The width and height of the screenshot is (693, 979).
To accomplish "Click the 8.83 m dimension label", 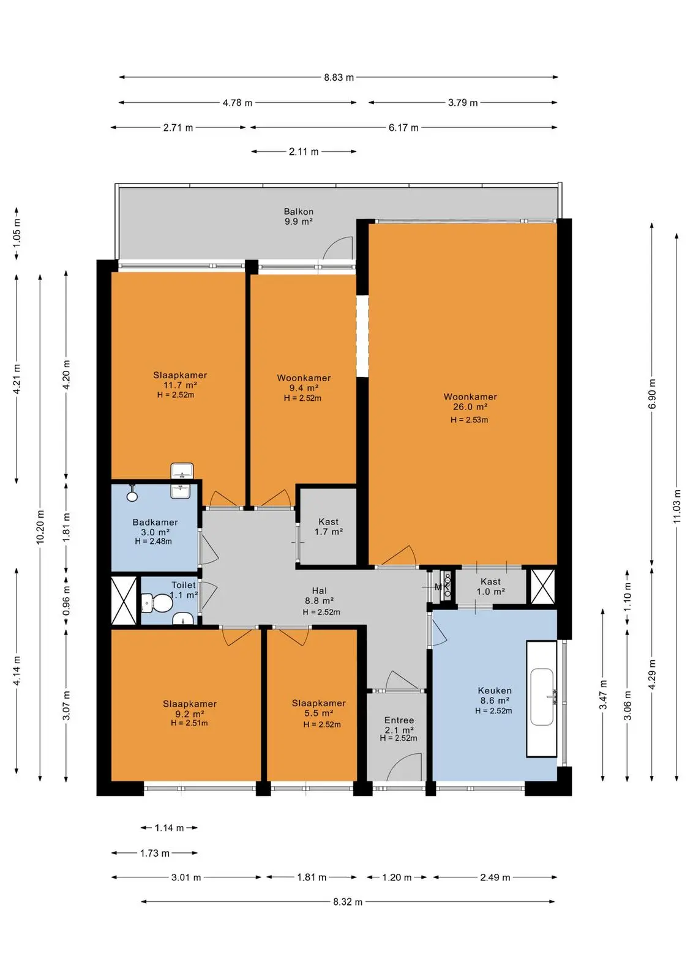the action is coord(339,78).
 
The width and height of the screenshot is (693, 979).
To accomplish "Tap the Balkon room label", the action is coord(299,212).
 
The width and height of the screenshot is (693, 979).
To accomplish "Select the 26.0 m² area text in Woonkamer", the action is coord(470,407).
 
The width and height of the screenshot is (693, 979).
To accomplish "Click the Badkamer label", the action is coord(155,523).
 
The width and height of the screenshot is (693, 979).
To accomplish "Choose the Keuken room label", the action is coord(495,691).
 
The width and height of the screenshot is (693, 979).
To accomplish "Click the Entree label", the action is coord(399,720).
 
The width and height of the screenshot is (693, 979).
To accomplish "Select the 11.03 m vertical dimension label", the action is coord(677,507).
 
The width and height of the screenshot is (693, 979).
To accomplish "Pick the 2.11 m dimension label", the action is coord(304,152).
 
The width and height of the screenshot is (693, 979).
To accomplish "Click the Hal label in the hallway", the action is coord(320,591).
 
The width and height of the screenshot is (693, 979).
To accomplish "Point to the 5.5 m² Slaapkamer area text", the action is coord(319,713).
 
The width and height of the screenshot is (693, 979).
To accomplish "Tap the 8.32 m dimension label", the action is coord(348,902).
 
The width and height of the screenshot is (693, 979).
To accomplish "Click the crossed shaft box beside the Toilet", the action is coord(124,600).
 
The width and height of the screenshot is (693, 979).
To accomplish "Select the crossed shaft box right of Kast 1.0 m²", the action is coord(542,586).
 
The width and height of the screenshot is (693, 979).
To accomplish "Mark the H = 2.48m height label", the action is coord(154,541).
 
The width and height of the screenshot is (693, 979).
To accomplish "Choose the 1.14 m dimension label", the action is coord(169,828).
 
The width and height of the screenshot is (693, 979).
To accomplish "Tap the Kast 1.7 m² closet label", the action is coord(328,527).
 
